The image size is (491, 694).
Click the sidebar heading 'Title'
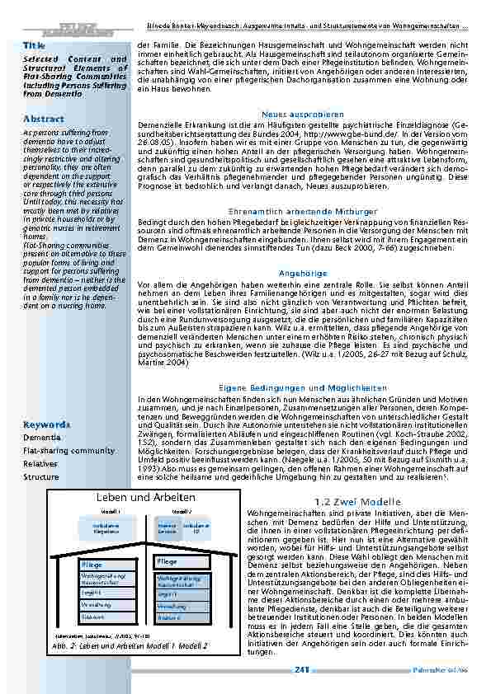(x=34, y=45)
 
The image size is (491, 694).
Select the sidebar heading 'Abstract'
(x=43, y=119)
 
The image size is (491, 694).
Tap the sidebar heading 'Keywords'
(x=46, y=424)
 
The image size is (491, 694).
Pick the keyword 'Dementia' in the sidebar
(x=41, y=438)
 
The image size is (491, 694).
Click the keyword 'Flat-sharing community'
(x=68, y=451)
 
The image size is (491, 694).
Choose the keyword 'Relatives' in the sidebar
(x=40, y=464)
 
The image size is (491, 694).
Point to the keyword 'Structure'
(x=40, y=477)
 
